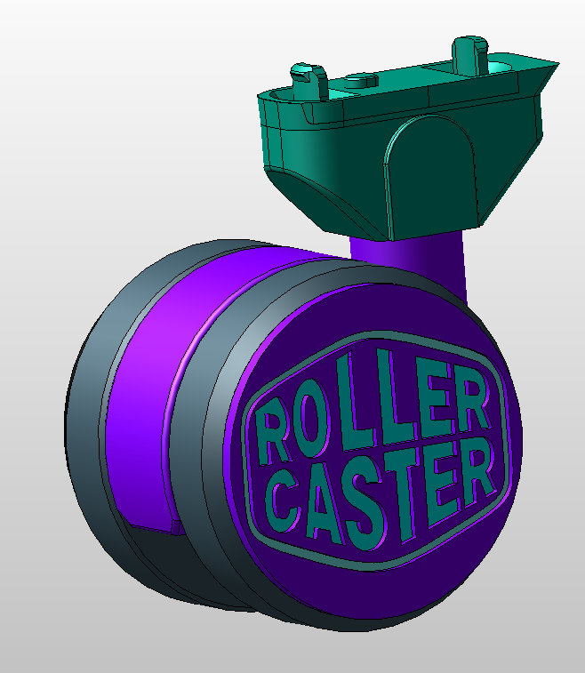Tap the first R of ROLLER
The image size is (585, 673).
click(x=268, y=433)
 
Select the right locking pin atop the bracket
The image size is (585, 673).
click(x=467, y=52)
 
